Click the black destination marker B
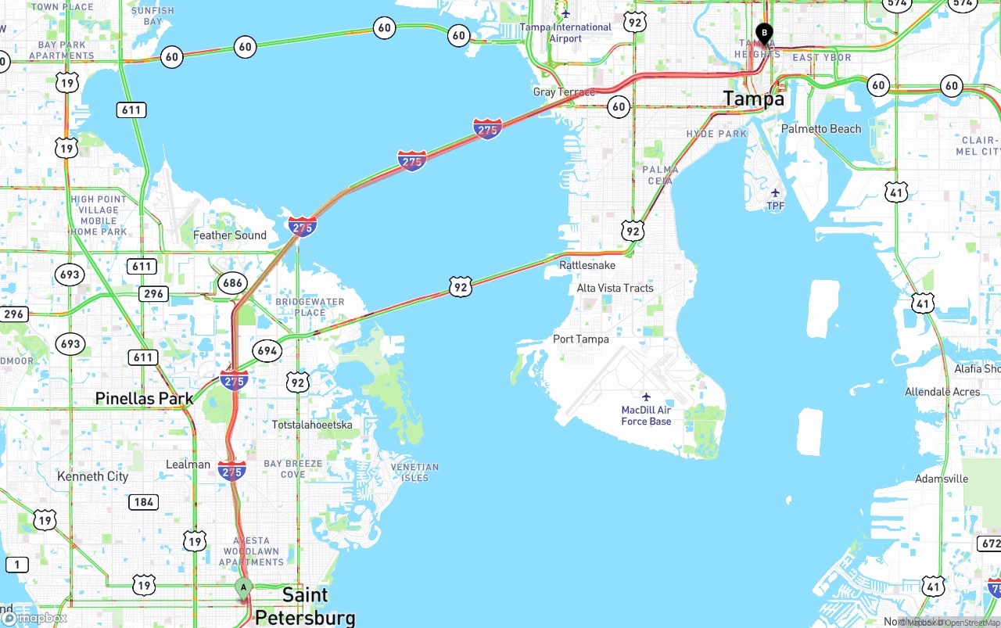click(764, 34)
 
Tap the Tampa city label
click(753, 99)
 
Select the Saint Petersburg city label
click(305, 606)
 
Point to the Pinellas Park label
click(144, 398)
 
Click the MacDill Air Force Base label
click(646, 415)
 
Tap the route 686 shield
click(232, 283)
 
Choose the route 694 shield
click(267, 350)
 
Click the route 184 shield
click(143, 501)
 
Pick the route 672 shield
click(988, 543)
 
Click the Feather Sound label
click(229, 235)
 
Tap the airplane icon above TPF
click(775, 192)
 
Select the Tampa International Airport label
click(566, 32)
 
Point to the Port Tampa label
click(580, 339)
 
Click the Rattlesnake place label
click(587, 265)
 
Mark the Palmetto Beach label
click(821, 128)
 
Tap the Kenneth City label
click(92, 476)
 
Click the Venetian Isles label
click(414, 472)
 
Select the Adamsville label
click(942, 479)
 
